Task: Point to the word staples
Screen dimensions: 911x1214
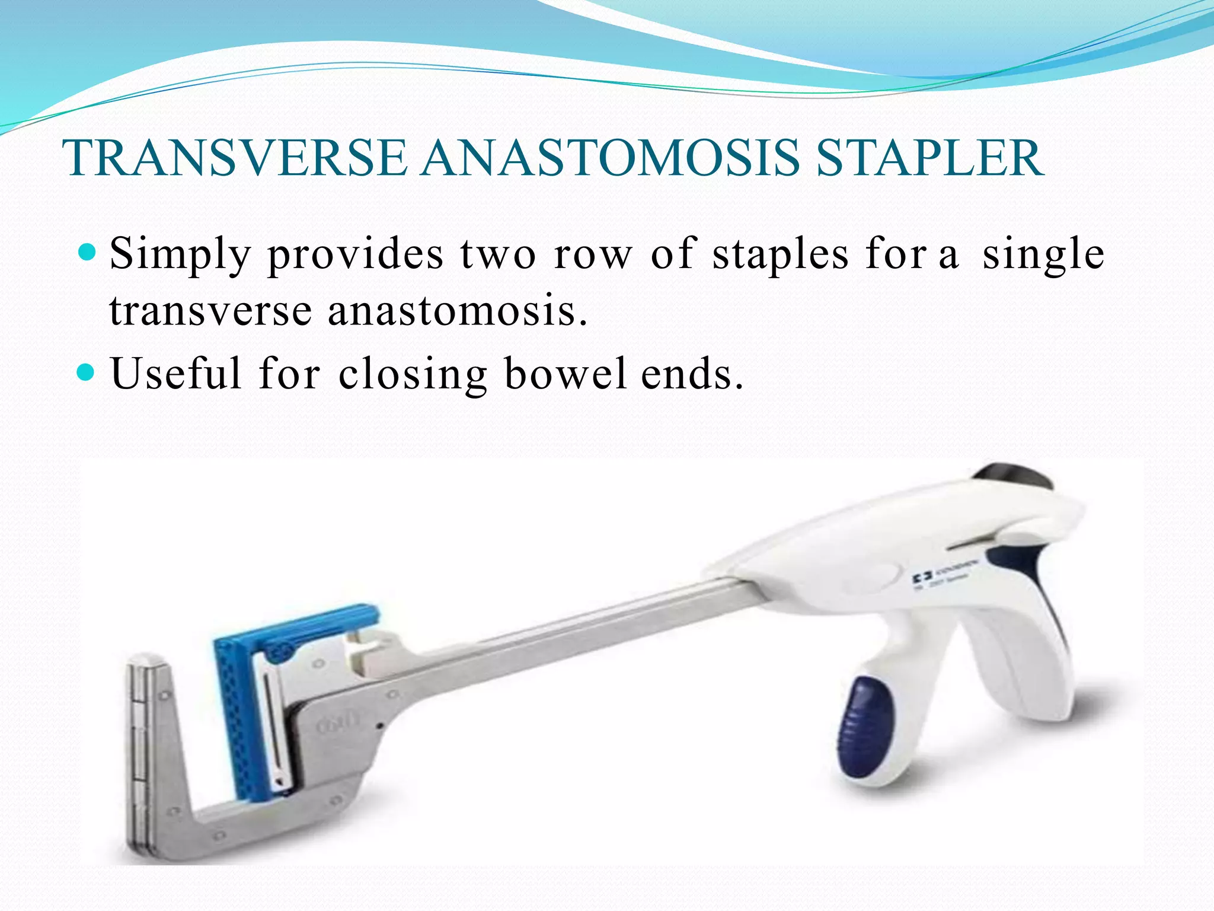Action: click(x=780, y=254)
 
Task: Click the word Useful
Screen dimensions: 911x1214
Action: click(x=176, y=374)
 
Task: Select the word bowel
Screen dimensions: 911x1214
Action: click(x=565, y=374)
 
